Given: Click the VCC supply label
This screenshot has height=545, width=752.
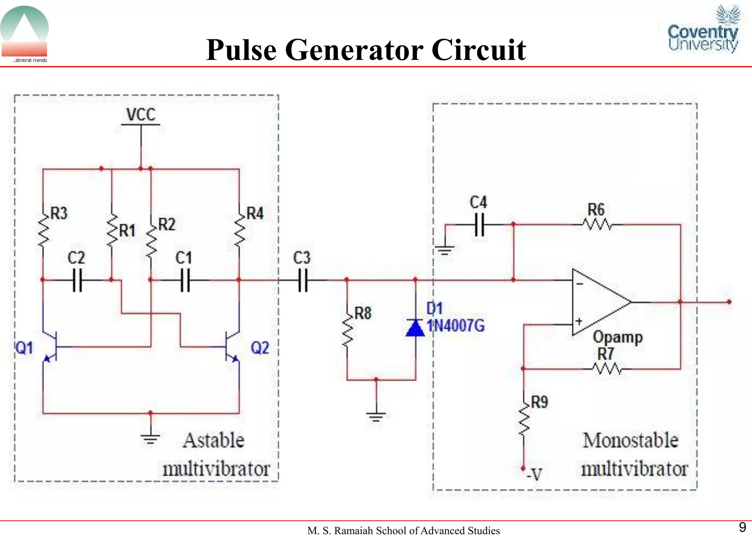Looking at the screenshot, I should coord(141,115).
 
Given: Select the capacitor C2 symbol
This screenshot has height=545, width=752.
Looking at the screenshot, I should coord(77,280).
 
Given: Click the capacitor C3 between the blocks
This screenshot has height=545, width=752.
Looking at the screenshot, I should coord(303,280).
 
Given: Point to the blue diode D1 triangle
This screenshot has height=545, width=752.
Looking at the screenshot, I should coord(415,327).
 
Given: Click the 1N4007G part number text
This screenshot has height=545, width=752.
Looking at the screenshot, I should coord(455,326).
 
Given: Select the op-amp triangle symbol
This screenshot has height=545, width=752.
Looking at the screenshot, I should coord(599,302).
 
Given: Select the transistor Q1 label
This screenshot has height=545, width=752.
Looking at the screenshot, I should coord(24,348).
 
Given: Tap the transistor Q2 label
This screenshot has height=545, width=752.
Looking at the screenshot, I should coord(260,348).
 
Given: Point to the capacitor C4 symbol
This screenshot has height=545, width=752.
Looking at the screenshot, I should coord(479,225).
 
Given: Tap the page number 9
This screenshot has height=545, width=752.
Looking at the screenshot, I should coord(742,527).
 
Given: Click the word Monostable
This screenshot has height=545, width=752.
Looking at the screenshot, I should coord(630,440).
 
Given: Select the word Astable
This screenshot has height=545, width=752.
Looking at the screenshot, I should coord(213,440).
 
